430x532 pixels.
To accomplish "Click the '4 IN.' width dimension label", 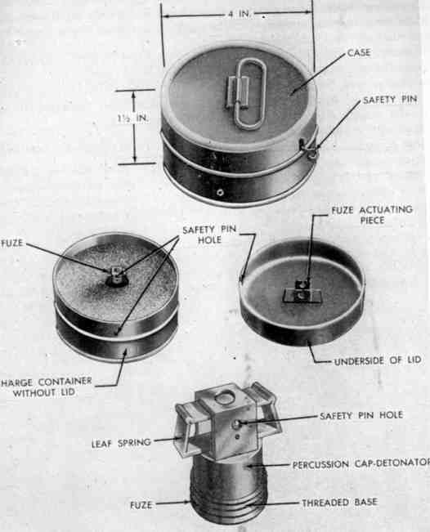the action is pyautogui.click(x=240, y=14).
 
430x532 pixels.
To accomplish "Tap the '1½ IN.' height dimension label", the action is pyautogui.click(x=133, y=118).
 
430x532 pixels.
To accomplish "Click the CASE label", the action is pyautogui.click(x=359, y=53).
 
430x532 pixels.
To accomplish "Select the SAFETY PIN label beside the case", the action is pyautogui.click(x=390, y=100).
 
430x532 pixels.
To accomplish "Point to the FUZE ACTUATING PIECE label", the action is pyautogui.click(x=372, y=215).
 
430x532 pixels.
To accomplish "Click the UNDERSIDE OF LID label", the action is pyautogui.click(x=378, y=360).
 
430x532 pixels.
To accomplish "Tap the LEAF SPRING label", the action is pyautogui.click(x=121, y=443).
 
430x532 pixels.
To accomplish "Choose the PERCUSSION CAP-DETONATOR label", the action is pyautogui.click(x=361, y=463).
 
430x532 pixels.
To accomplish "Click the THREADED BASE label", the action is pyautogui.click(x=340, y=503).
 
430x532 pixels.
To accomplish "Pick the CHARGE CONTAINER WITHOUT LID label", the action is pyautogui.click(x=46, y=387).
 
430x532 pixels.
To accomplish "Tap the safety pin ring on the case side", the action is pyautogui.click(x=311, y=150).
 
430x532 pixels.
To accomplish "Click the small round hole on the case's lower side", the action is pyautogui.click(x=220, y=193).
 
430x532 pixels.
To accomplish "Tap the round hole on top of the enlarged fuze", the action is pyautogui.click(x=224, y=398).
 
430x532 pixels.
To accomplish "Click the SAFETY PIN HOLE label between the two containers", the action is pyautogui.click(x=209, y=235).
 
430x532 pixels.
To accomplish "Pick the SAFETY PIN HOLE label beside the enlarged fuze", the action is pyautogui.click(x=361, y=416).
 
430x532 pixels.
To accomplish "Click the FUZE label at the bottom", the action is pyautogui.click(x=141, y=505).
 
